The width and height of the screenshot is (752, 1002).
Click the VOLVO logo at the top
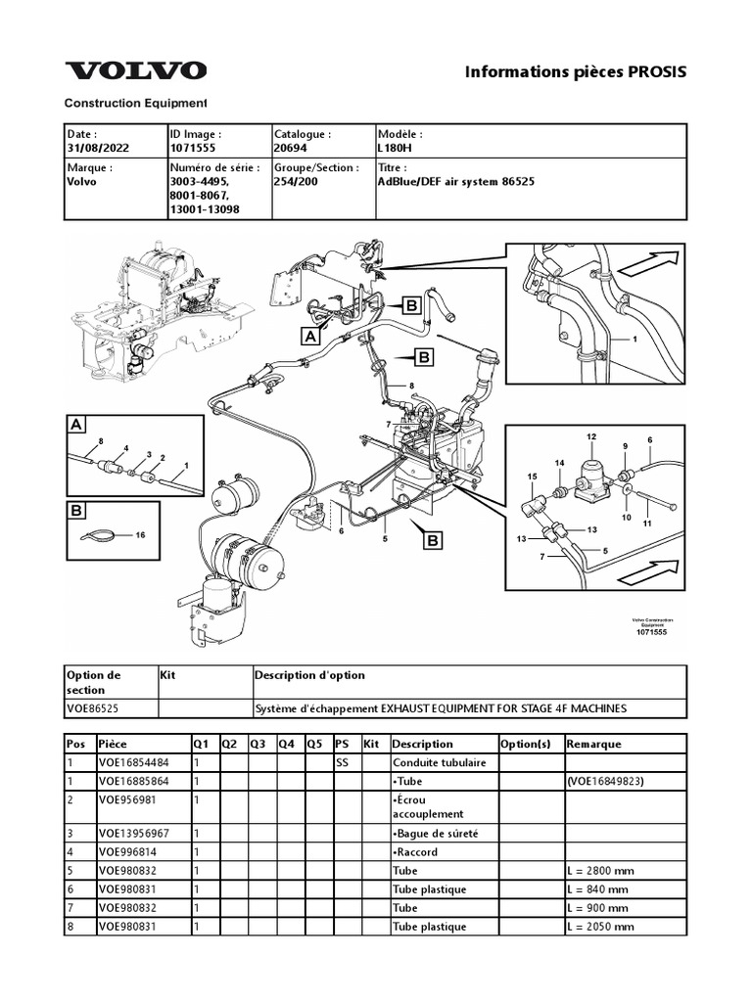136,70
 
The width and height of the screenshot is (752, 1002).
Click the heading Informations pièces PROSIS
576,71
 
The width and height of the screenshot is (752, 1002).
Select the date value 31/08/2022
97,147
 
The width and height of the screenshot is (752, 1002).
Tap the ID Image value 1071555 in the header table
193,147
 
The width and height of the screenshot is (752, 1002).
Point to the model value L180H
395,147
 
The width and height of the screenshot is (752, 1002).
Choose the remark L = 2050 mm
600,926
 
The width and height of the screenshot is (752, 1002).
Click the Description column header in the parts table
422,744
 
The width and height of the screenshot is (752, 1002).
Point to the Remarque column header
593,744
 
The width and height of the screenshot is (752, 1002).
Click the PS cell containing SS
343,762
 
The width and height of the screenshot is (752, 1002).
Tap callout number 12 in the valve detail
590,434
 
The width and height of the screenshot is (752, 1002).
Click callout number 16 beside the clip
140,535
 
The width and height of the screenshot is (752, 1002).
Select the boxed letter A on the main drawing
310,336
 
